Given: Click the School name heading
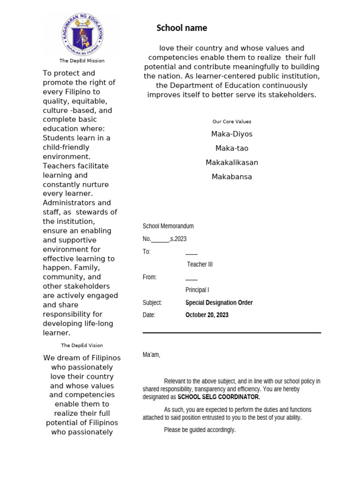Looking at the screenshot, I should click(x=182, y=28).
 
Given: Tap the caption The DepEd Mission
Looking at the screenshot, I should click(x=82, y=61).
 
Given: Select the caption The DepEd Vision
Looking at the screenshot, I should click(x=82, y=346).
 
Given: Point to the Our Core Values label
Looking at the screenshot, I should click(x=232, y=121).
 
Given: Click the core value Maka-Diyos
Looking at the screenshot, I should click(x=232, y=134).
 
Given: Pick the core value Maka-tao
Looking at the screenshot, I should click(x=232, y=148).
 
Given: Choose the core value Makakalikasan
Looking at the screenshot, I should click(x=232, y=162).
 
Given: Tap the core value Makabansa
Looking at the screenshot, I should click(x=232, y=177).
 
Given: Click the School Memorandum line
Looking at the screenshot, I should click(x=168, y=226).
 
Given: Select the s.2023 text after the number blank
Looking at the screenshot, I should click(x=179, y=239).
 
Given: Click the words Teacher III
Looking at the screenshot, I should click(x=200, y=264).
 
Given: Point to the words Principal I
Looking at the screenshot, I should click(x=197, y=290).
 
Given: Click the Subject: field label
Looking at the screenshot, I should click(x=152, y=303).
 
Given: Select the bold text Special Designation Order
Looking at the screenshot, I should click(x=219, y=303).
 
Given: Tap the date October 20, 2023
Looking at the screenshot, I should click(x=207, y=315).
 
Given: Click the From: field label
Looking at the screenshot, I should click(x=149, y=277).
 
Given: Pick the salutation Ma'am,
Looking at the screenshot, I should click(x=152, y=355).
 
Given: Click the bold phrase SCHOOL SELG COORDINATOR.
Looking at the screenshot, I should click(x=218, y=397).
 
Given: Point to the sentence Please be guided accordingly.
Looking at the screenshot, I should click(x=200, y=430).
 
